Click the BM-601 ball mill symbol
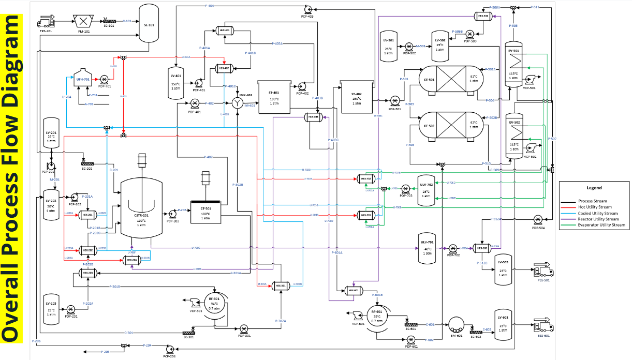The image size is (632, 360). (x=457, y=325)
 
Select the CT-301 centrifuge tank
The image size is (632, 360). (x=205, y=212)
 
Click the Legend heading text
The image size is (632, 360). (x=594, y=188)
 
